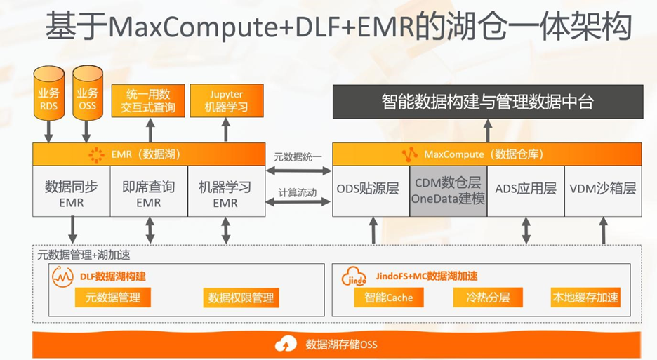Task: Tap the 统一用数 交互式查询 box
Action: click(149, 101)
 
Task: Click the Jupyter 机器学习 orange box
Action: click(225, 101)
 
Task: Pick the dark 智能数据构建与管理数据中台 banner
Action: click(487, 102)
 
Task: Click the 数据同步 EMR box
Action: click(71, 192)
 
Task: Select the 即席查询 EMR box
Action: click(148, 192)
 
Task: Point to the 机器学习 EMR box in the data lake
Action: click(225, 192)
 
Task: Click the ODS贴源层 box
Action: click(371, 190)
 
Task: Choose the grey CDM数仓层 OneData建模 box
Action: click(448, 190)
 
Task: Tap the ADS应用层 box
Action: click(525, 190)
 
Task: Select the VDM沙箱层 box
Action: click(602, 190)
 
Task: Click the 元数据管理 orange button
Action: click(113, 298)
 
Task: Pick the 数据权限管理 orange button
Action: click(241, 298)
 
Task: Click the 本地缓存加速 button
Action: click(585, 298)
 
